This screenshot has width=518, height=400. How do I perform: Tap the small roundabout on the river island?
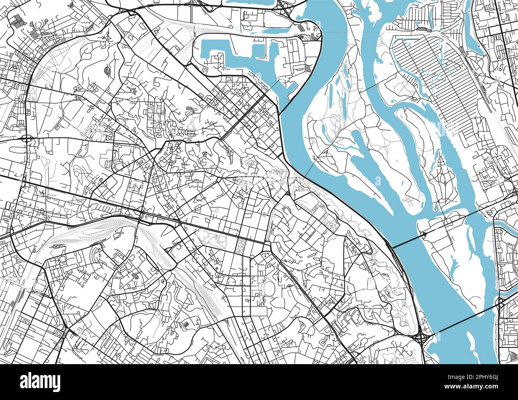[425, 234]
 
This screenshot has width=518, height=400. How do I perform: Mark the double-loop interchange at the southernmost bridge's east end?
[500, 305]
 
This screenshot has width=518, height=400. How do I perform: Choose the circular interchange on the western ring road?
[27, 139]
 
